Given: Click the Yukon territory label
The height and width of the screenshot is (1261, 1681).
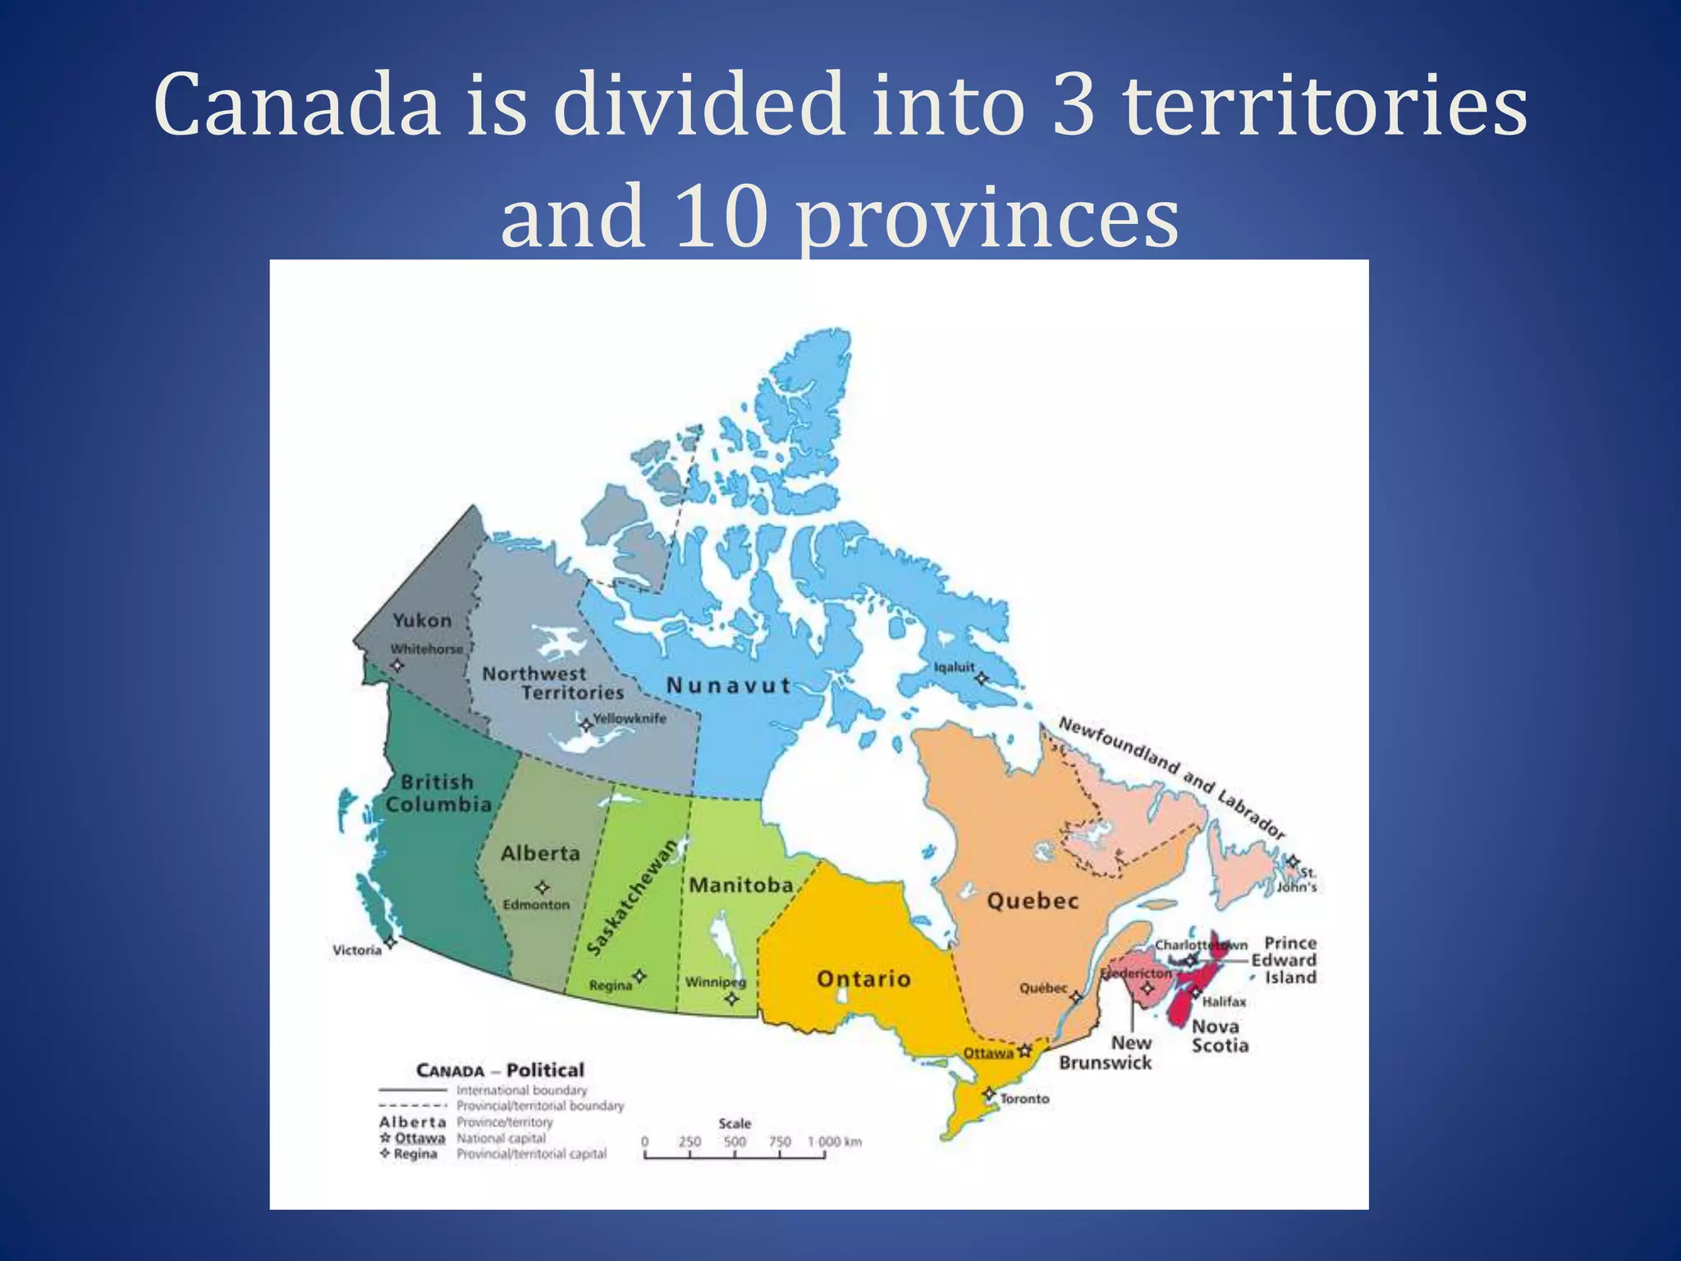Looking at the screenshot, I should point(422,621).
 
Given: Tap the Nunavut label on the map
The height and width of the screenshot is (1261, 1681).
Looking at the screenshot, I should point(729,686).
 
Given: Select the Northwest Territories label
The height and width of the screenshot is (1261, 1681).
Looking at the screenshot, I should point(552,683).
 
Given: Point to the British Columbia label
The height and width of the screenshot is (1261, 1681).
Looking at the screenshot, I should point(438,793).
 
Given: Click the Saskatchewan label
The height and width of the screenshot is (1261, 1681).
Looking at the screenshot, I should point(634,897).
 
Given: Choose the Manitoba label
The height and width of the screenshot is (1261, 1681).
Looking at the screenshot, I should point(741,885).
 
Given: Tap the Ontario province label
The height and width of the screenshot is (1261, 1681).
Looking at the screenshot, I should point(863,979).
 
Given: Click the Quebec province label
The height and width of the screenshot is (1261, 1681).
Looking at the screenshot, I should point(1033,901).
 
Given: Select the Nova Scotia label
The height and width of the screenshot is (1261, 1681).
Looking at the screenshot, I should point(1220,1036).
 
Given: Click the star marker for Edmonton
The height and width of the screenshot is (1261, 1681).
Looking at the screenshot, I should point(542,887).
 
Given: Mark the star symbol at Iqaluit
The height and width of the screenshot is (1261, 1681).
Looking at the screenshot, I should point(980,678).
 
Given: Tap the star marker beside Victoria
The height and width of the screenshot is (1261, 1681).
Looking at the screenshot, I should point(391,942).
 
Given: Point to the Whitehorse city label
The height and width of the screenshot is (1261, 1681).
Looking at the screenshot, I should point(427,649).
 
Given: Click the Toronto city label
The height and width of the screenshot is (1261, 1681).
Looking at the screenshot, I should point(1024,1098).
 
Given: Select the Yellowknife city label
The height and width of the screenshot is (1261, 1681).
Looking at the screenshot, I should point(630,718).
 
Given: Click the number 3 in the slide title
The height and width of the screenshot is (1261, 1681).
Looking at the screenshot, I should point(1074,105).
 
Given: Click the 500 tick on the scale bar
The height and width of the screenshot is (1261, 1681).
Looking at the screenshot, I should point(735,1142).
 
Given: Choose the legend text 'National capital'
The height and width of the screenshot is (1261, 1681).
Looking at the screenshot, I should point(501,1138).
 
